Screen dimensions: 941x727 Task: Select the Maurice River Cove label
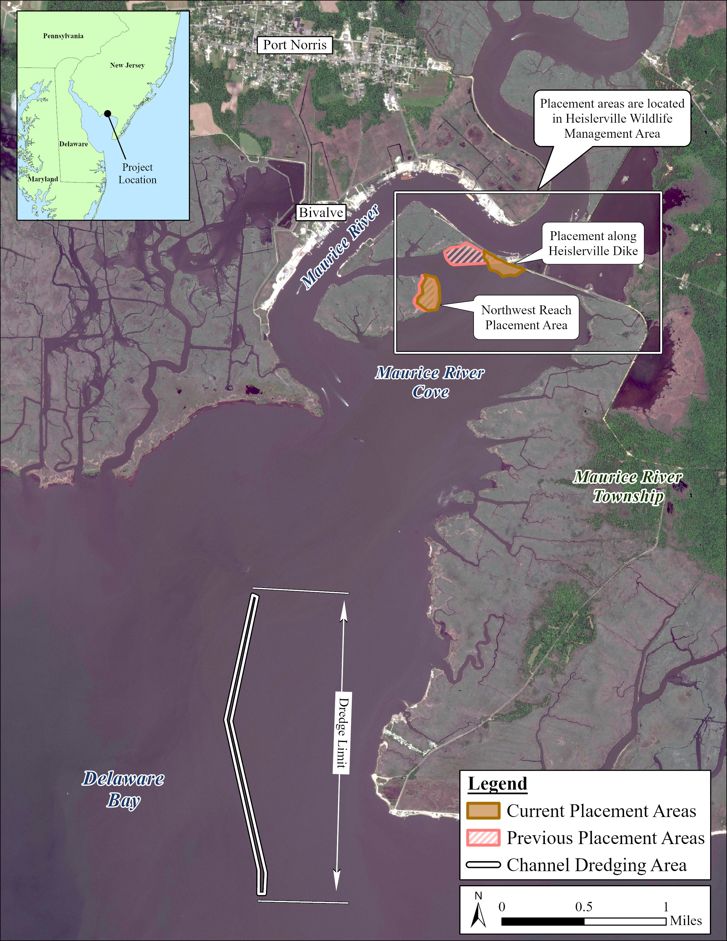pyautogui.click(x=430, y=382)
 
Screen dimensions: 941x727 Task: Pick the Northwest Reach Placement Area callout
pyautogui.click(x=526, y=318)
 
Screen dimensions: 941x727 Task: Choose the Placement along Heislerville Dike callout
pyautogui.click(x=593, y=244)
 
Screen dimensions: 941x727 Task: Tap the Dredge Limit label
pyautogui.click(x=343, y=733)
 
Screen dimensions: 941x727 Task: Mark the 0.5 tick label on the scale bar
pyautogui.click(x=584, y=907)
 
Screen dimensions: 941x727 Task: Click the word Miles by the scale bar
pyautogui.click(x=686, y=921)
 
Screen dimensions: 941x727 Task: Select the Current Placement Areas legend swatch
pyautogui.click(x=483, y=811)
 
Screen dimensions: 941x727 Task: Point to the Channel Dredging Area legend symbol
pyautogui.click(x=483, y=865)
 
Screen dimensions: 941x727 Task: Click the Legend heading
pyautogui.click(x=497, y=784)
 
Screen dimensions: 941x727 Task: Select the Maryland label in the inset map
pyautogui.click(x=43, y=179)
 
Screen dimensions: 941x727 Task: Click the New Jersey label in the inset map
pyautogui.click(x=127, y=66)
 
